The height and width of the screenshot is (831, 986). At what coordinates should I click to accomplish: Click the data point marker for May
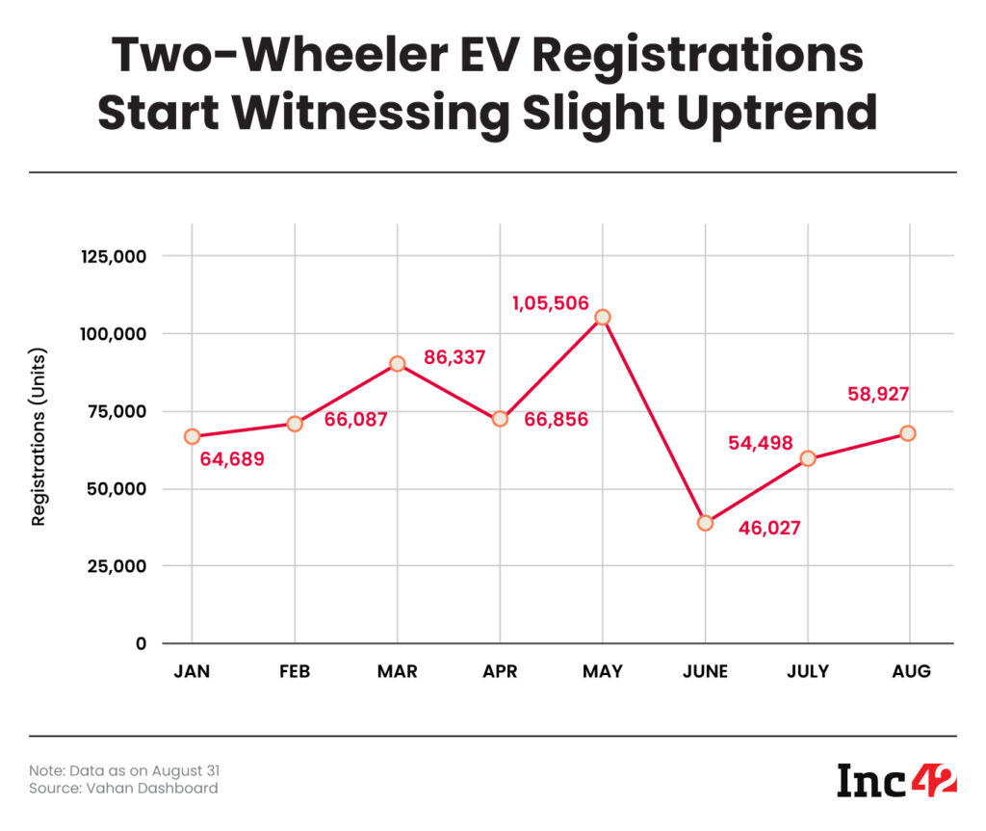coord(603,317)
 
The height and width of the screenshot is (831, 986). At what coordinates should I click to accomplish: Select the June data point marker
coord(705,523)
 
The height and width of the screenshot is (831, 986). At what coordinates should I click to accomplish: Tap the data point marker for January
coord(192,436)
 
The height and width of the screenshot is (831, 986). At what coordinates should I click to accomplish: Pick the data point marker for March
coord(397,364)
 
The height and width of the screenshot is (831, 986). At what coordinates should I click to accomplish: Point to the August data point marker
coord(908,433)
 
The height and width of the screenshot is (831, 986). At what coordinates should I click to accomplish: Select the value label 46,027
coord(769,529)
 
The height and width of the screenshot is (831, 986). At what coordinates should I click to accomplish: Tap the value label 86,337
coord(454,358)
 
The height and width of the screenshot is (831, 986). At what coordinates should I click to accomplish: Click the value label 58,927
coord(877,394)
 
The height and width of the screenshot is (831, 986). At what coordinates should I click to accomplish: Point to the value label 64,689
coord(232,459)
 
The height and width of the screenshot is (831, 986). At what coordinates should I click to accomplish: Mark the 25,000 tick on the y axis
coord(115,566)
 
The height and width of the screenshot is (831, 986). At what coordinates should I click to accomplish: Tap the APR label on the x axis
coord(500,672)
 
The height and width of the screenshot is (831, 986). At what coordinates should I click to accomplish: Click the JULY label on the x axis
coord(807,672)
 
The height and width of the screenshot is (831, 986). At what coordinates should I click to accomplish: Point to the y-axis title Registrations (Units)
coord(39,436)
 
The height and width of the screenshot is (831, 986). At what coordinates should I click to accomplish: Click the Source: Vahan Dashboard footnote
coord(122,789)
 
